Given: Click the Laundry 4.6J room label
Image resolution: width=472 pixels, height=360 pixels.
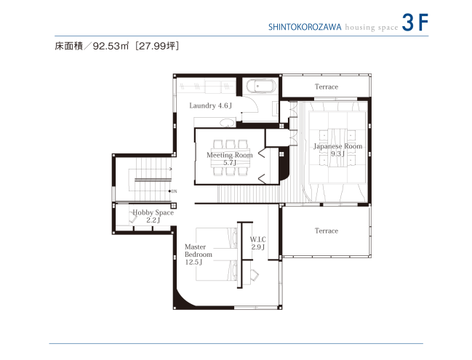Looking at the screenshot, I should [x=209, y=105].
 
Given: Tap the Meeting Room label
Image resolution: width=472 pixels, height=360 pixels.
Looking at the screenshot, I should [x=230, y=159].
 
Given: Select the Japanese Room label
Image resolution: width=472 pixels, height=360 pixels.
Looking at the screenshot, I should [x=337, y=150].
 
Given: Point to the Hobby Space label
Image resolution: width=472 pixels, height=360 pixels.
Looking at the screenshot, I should [x=153, y=215].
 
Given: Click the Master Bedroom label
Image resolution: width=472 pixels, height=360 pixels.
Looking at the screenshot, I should [x=199, y=255].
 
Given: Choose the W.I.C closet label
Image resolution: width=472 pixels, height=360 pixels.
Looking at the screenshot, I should [x=258, y=243].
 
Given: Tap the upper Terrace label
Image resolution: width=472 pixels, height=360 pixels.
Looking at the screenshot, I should [x=326, y=87].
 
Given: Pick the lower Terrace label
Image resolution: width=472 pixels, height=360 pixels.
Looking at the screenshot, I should [x=326, y=231].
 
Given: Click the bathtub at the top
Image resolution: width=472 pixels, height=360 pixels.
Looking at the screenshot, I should [x=261, y=87].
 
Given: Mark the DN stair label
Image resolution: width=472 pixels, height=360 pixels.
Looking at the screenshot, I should [x=174, y=191].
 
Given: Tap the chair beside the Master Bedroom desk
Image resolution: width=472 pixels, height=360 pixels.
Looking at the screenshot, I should [x=255, y=275].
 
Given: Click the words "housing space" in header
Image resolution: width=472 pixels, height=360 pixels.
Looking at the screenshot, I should [x=367, y=27].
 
